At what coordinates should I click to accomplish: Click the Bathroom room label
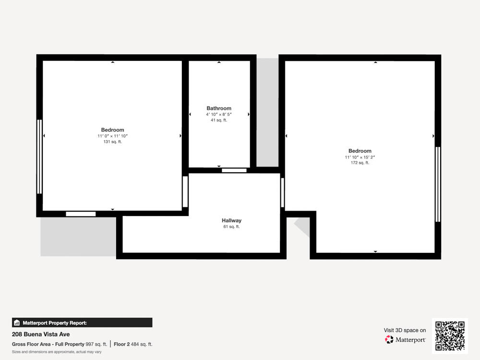[219, 108]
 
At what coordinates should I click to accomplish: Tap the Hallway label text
[231, 220]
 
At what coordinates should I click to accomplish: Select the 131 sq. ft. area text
[113, 142]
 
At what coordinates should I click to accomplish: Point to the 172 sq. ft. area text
[360, 163]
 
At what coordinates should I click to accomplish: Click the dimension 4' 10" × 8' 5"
[219, 115]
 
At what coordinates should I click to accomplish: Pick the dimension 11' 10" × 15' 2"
[360, 157]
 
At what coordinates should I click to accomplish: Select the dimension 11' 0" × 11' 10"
[113, 136]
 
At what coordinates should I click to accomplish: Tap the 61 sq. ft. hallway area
[231, 227]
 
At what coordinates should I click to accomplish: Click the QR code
[450, 336]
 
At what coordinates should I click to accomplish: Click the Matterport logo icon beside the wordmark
[389, 339]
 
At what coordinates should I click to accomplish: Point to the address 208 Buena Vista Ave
[41, 334]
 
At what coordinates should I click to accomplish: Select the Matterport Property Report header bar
[82, 323]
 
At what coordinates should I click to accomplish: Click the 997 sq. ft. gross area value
[96, 344]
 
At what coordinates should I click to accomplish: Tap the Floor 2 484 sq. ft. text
[133, 344]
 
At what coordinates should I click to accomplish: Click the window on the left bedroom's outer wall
[39, 156]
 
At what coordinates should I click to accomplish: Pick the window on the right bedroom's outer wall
[438, 184]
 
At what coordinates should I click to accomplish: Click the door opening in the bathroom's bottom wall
[234, 170]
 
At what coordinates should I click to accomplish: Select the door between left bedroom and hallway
[185, 192]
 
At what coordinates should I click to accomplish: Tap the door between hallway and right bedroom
[283, 193]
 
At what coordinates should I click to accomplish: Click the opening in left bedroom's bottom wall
[81, 214]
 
